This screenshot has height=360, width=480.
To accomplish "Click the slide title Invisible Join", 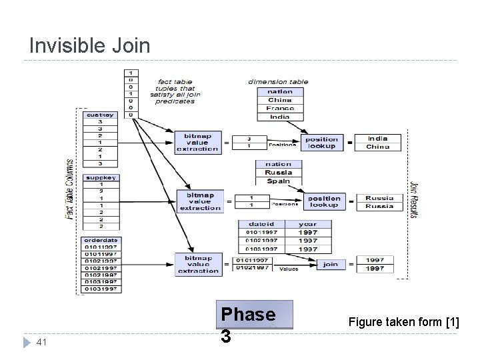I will (x=90, y=45).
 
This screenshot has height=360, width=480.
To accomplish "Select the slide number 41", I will (x=41, y=342).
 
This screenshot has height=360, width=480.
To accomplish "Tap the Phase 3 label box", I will (x=248, y=315).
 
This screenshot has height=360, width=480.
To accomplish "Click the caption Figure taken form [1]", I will (x=403, y=323).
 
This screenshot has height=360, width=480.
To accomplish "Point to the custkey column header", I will (x=100, y=115).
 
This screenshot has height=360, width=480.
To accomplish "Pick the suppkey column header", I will (x=100, y=177).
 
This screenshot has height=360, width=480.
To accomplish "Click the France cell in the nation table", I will (x=280, y=108).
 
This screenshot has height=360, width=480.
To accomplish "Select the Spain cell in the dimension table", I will (x=278, y=181).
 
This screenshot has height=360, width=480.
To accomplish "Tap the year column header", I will (x=308, y=224).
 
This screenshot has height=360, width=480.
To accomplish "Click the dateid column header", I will (x=261, y=224).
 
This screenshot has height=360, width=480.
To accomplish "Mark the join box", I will (x=330, y=264).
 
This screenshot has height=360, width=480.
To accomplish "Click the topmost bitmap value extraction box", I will (x=197, y=142).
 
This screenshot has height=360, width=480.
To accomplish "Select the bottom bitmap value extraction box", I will (x=198, y=264).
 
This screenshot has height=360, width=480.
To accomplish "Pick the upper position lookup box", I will (x=322, y=142).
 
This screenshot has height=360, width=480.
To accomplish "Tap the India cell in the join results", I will (x=378, y=138).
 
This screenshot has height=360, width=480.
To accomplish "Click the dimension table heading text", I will (x=278, y=81).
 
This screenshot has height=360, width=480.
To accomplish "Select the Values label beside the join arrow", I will (x=289, y=269).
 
